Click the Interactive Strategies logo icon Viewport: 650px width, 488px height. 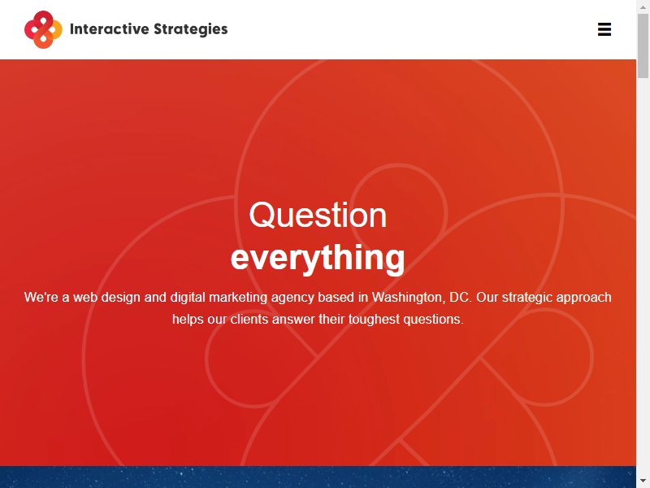point(43,29)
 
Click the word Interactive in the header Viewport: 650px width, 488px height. point(110,29)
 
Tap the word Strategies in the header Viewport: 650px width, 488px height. point(191,29)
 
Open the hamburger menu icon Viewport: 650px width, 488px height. point(604,29)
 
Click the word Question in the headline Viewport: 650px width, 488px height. point(318,215)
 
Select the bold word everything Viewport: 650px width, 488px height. point(318,258)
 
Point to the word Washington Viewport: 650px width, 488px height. point(409,298)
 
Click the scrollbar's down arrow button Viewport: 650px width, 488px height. point(643,481)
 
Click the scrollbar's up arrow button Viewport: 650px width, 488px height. point(643,7)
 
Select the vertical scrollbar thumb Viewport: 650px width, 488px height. point(643,46)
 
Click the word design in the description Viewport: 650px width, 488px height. point(120,298)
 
